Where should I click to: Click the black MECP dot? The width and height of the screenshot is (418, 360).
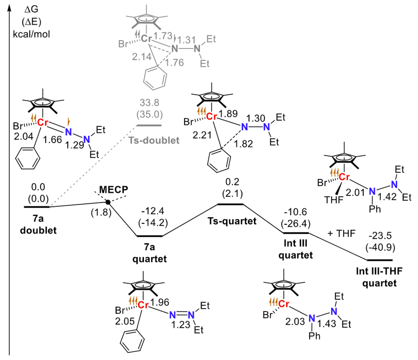(108, 202)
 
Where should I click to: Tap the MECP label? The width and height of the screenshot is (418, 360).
(113, 190)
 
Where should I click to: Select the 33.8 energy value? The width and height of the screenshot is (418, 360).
(150, 103)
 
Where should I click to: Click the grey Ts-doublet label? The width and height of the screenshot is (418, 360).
(154, 140)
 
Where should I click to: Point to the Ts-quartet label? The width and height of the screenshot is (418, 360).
(232, 221)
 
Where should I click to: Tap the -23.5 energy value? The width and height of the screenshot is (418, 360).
(380, 236)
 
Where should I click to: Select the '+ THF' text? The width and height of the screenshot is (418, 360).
(341, 233)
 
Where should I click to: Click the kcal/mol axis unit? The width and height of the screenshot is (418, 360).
(31, 34)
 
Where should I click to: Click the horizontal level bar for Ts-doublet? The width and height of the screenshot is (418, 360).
(149, 125)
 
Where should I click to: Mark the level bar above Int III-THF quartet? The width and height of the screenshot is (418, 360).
(379, 260)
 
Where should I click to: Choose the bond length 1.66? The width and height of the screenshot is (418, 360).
(52, 140)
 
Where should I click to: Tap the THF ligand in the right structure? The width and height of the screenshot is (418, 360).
(334, 200)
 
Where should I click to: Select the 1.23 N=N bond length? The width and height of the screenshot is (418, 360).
(181, 324)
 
